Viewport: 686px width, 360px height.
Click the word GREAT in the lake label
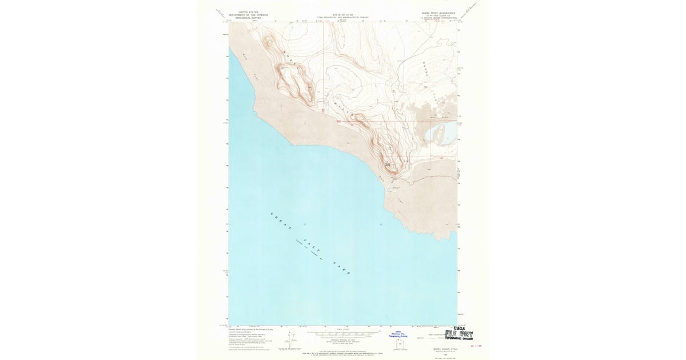point(281,222)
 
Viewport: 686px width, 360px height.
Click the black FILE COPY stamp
point(459,335)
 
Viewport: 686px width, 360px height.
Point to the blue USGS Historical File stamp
point(398,335)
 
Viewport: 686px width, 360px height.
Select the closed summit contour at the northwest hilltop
point(268,41)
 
